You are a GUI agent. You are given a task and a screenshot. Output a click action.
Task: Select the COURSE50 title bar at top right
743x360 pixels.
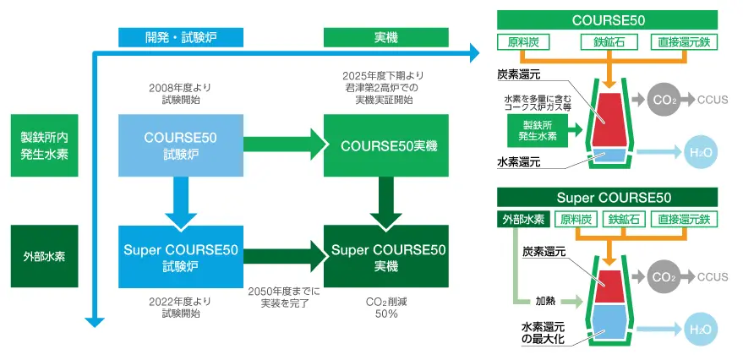click(608, 19)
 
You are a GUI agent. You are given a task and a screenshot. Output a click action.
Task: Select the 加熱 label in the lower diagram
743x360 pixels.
click(544, 300)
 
